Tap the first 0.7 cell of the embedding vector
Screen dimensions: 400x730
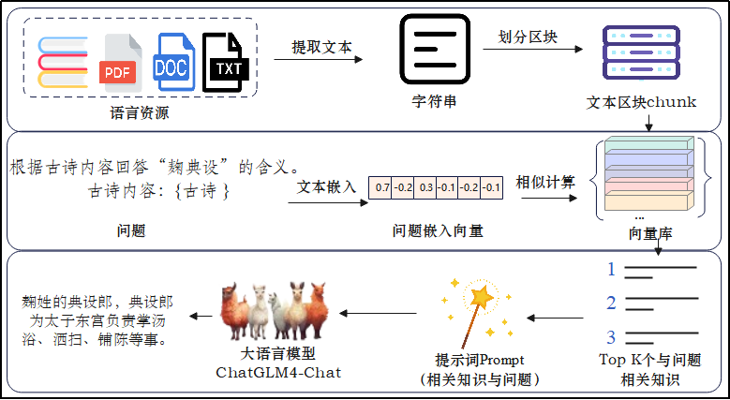[x=381, y=187]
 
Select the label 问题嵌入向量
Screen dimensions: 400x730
[x=438, y=230]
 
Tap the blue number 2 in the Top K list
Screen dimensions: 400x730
[x=611, y=303]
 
